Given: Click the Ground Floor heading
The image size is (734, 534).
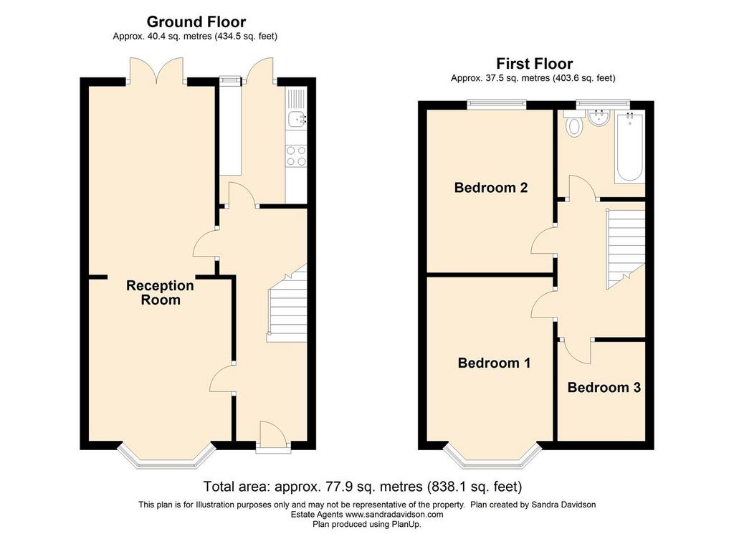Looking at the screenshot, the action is [x=196, y=22].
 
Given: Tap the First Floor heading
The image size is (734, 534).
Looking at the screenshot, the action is [x=534, y=64].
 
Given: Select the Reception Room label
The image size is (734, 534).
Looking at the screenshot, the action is [x=160, y=292].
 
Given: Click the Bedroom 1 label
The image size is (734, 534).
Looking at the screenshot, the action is [x=494, y=363].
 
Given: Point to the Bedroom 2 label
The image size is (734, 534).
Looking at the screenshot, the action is [x=490, y=188].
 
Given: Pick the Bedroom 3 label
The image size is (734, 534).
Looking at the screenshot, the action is [x=604, y=388].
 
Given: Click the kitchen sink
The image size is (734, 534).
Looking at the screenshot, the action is [x=297, y=119].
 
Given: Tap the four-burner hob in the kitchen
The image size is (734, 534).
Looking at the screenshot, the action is [x=296, y=156].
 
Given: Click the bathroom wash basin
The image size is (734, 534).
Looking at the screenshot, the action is [x=599, y=118].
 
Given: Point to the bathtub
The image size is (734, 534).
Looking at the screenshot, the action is [x=630, y=147].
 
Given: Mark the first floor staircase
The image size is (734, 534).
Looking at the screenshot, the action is [x=625, y=249].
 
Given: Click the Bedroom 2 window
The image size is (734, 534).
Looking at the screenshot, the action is [x=496, y=105].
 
